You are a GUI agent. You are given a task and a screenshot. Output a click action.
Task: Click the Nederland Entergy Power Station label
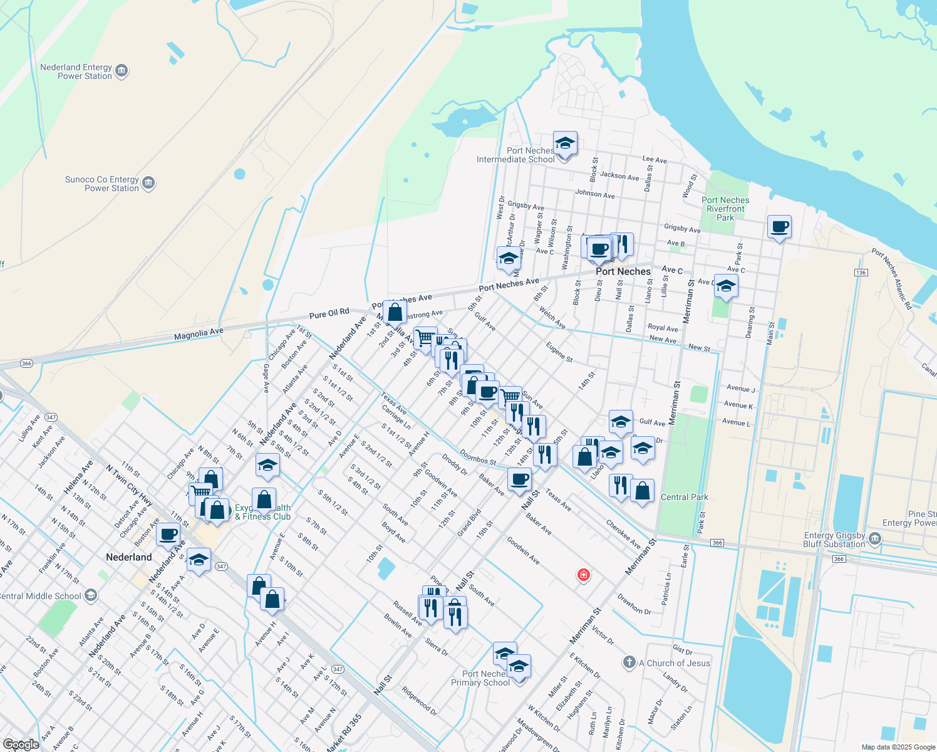tap(76, 71)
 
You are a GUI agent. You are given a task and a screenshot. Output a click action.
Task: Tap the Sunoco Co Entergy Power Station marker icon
tap(148, 184)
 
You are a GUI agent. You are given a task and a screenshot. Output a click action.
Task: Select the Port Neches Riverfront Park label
tap(725, 209)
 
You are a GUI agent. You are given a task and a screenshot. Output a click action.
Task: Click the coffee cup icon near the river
tap(780, 227)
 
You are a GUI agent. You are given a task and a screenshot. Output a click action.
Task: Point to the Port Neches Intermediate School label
tap(515, 155)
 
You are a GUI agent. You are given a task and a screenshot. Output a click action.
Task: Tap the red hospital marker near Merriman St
tap(583, 575)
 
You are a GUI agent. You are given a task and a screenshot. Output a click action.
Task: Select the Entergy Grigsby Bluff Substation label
tap(834, 540)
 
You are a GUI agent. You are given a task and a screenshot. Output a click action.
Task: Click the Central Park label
tap(685, 497)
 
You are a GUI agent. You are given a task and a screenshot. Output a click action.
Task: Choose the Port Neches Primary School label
tap(480, 678)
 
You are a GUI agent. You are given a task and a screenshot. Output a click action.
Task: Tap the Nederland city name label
tap(128, 557)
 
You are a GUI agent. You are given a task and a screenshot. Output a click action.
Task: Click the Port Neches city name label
tap(623, 271)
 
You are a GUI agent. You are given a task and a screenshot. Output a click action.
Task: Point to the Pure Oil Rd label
tap(329, 313)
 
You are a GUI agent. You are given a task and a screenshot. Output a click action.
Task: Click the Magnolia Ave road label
tap(199, 334)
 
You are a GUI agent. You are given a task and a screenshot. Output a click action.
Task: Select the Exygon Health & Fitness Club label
tap(263, 513)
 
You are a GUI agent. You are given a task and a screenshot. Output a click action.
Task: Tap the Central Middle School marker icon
tap(91, 595)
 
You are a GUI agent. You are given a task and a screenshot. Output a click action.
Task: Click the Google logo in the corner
tap(21, 744)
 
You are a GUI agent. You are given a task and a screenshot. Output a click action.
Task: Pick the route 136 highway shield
tap(861, 273)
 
